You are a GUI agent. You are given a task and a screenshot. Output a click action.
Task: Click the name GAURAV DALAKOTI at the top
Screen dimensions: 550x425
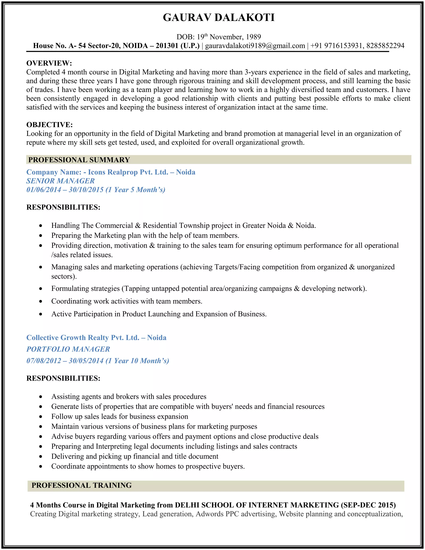pos(219,18)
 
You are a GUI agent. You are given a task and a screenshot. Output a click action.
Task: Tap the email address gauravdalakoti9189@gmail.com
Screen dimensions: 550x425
pos(255,46)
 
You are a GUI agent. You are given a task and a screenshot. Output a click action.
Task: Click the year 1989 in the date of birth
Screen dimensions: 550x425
pos(253,37)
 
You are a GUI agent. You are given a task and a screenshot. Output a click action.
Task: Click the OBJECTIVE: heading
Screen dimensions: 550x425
pos(49,125)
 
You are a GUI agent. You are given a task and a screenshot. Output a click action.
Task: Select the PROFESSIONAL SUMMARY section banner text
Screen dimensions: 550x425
pos(79,160)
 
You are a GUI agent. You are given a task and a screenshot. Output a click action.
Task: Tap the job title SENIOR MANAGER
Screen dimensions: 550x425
pos(60,181)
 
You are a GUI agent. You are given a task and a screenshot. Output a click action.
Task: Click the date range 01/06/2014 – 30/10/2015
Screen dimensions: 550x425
pos(65,190)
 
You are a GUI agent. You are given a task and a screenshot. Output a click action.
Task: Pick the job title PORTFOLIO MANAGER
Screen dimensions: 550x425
pos(68,349)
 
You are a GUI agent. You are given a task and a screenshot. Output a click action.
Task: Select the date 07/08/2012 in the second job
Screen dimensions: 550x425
pos(44,361)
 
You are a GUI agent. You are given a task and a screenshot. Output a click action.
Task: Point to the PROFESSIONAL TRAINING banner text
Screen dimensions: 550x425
pos(82,485)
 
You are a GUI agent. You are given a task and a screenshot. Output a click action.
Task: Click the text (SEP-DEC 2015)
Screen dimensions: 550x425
pos(368,505)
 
